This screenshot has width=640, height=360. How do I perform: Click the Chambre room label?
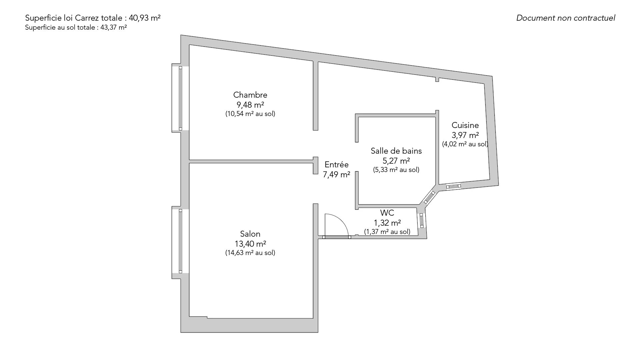click(x=250, y=95)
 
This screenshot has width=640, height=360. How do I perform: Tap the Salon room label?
click(x=250, y=234)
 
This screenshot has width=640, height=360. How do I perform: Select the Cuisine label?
click(x=465, y=125)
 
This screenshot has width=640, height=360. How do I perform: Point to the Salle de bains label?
click(x=396, y=151)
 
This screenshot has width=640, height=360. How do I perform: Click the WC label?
click(x=387, y=213)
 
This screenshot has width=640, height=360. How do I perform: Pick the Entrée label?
click(x=336, y=165)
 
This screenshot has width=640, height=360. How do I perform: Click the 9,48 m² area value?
click(x=250, y=105)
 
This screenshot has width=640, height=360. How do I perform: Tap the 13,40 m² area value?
click(x=250, y=244)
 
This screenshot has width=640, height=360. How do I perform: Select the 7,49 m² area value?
click(x=336, y=174)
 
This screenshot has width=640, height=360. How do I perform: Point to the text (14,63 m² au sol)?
click(x=250, y=253)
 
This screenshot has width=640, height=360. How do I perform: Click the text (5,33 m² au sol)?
click(x=396, y=170)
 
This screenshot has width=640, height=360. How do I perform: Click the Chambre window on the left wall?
click(x=180, y=98)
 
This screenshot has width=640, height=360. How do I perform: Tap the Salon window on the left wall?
click(x=180, y=241)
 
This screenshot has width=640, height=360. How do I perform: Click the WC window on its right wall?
click(x=422, y=220)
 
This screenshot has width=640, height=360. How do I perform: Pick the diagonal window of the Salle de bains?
click(x=429, y=197)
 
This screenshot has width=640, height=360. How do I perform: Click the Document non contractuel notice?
click(x=566, y=18)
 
